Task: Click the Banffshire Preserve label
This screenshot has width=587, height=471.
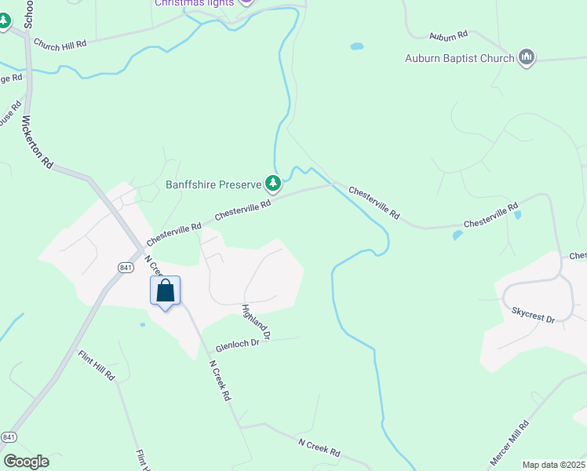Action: click(213, 185)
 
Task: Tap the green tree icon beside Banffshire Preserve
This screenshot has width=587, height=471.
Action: click(272, 184)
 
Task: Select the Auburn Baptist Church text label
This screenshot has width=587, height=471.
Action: click(459, 57)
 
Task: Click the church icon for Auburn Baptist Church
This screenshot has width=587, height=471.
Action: click(527, 57)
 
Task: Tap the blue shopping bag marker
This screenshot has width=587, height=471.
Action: click(166, 291)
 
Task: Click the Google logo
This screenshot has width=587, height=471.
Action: click(26, 462)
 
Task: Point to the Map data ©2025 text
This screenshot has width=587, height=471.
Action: click(553, 465)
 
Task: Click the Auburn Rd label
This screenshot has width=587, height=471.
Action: click(448, 35)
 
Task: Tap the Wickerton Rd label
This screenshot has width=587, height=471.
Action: click(37, 143)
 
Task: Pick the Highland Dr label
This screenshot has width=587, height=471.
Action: click(256, 322)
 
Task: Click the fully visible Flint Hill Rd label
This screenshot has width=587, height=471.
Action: click(97, 366)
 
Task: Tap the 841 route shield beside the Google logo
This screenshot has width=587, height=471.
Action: click(9, 436)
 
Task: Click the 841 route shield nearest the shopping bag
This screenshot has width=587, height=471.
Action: click(126, 268)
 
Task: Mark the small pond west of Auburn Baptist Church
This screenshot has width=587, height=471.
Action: click(357, 46)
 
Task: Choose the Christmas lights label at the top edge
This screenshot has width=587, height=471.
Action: click(194, 3)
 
